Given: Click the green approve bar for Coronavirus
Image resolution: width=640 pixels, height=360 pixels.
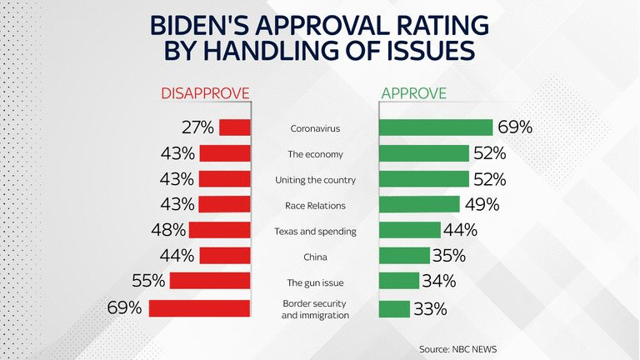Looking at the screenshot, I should tap(436, 127).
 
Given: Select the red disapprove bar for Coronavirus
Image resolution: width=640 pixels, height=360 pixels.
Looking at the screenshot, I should tap(235, 127).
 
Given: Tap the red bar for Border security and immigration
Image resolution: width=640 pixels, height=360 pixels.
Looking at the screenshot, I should tap(200, 307).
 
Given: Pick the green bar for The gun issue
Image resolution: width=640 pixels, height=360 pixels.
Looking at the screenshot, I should tap(399, 281).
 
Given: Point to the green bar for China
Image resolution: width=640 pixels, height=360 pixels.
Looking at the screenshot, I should tap(405, 256).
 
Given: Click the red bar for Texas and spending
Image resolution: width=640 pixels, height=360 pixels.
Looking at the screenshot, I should tap(220, 230).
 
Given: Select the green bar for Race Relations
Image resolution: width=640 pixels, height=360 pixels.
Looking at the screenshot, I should tap(419, 204).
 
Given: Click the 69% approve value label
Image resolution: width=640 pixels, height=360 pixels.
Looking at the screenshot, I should tap(515, 127).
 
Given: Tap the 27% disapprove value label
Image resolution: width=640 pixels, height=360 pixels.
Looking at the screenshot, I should tap(197, 127).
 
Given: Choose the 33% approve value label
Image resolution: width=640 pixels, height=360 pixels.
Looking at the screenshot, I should tap(430, 308).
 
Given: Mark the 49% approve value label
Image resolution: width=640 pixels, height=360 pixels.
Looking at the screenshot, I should tap(482, 204).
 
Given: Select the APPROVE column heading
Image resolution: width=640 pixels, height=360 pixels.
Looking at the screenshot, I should tap(413, 92).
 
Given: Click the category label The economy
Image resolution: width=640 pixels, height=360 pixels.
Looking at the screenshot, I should tap(315, 154).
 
